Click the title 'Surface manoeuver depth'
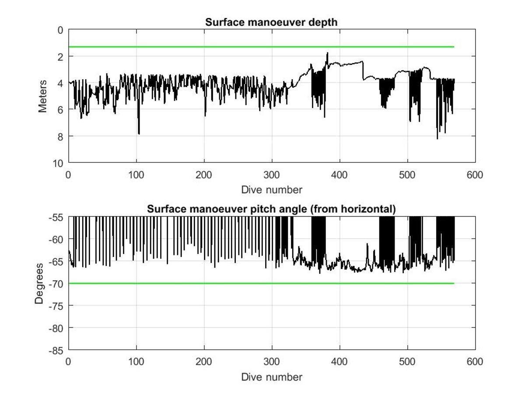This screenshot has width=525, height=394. point(271,22)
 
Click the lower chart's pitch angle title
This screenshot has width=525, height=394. point(271,209)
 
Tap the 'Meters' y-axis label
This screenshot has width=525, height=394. point(42,96)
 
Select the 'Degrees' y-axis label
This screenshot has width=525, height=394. point(39,283)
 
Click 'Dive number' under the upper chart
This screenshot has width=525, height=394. point(271,190)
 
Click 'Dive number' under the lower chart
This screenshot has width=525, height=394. point(271,376)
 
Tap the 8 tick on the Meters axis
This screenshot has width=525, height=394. point(60,136)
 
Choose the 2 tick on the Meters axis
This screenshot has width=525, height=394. point(60,56)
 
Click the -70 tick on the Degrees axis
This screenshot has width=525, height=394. point(56,284)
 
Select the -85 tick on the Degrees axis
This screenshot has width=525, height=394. point(56,350)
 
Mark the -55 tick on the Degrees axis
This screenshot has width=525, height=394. point(56,217)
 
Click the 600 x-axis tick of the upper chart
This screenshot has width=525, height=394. point(475,175)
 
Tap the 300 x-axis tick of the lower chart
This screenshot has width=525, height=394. point(272,362)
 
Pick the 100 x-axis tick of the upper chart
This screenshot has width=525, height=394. point(136,175)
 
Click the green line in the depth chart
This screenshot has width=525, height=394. point(262,47)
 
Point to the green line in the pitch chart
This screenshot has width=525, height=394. point(262,284)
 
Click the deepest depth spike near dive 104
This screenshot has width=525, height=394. point(139,133)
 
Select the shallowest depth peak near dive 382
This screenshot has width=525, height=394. point(327,54)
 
